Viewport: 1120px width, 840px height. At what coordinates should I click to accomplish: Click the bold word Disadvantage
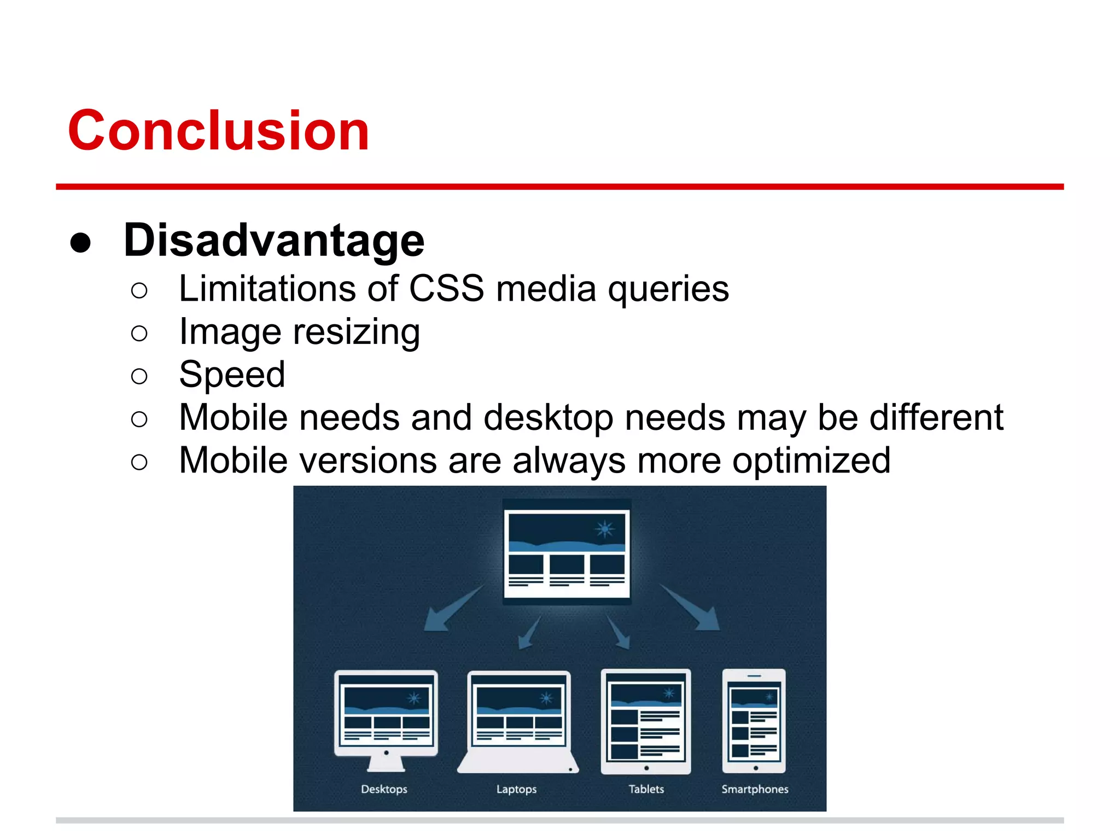pyautogui.click(x=274, y=240)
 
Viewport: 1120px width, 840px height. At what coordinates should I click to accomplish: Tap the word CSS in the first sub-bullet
pyautogui.click(x=446, y=288)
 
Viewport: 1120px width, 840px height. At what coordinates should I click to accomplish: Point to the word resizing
pyautogui.click(x=357, y=332)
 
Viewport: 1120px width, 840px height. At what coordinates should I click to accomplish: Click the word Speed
pyautogui.click(x=232, y=375)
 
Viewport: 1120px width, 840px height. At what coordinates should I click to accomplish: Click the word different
pyautogui.click(x=936, y=417)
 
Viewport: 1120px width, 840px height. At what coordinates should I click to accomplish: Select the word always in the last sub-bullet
pyautogui.click(x=569, y=460)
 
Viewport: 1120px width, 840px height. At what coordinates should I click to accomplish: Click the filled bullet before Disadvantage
pyautogui.click(x=80, y=242)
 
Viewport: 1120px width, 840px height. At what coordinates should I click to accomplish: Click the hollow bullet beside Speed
pyautogui.click(x=139, y=376)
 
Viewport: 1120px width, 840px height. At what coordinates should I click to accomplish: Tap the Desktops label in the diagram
pyautogui.click(x=384, y=789)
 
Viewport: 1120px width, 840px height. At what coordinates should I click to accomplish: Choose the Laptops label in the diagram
pyautogui.click(x=516, y=789)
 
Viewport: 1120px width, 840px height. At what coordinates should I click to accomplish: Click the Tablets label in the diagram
pyautogui.click(x=646, y=789)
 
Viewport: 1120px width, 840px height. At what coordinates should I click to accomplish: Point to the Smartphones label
pyautogui.click(x=755, y=789)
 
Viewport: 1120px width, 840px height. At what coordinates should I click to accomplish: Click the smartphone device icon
pyautogui.click(x=754, y=721)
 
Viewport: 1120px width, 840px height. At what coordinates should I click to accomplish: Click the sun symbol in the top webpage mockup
pyautogui.click(x=605, y=529)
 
